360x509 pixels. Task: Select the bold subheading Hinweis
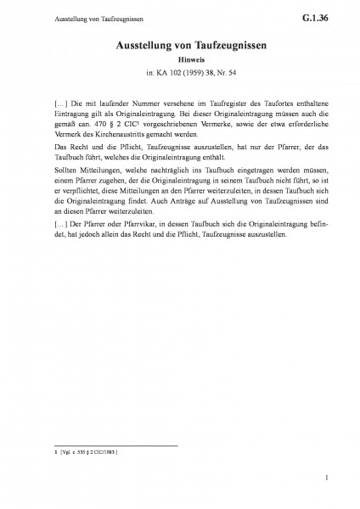coord(179,60)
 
